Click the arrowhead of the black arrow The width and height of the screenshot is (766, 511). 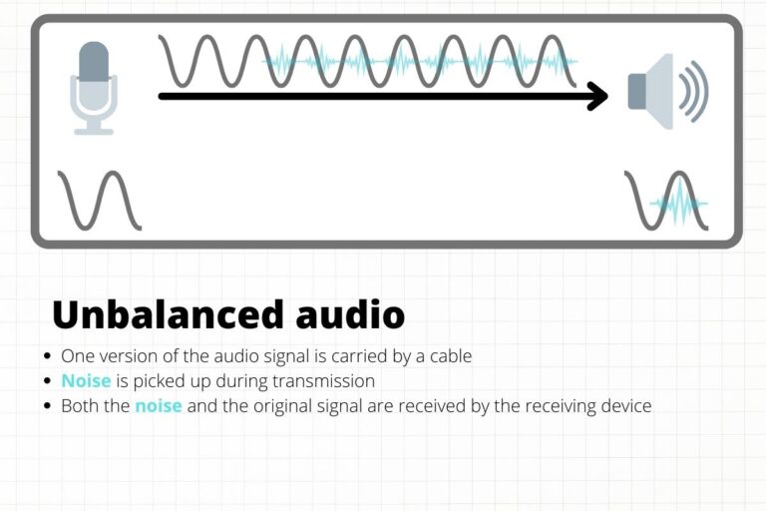coord(597,97)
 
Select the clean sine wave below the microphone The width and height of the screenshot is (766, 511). coord(100,200)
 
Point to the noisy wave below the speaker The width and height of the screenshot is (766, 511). coord(667,201)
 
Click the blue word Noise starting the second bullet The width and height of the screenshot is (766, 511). coord(86,380)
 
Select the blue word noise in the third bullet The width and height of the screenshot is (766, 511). coord(158,406)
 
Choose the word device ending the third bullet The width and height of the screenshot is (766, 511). coord(625,406)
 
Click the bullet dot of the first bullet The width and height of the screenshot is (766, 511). coord(48,355)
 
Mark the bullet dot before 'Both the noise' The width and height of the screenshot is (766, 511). coord(48,407)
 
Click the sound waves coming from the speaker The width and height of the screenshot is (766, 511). coord(693,91)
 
